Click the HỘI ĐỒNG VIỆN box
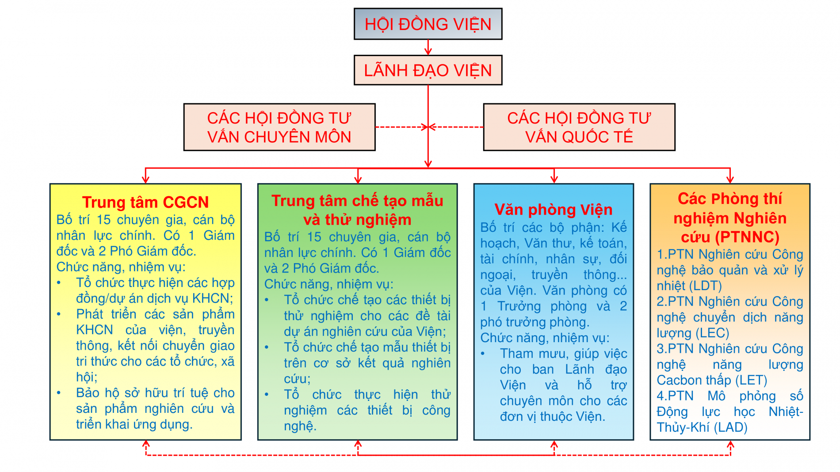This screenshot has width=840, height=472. [428, 24]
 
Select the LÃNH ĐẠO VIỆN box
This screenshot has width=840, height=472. [428, 70]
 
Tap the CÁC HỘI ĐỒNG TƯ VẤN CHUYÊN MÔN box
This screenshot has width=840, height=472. [279, 127]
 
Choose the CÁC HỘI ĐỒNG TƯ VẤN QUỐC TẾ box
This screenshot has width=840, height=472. [579, 127]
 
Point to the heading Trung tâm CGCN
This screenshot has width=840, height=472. [145, 202]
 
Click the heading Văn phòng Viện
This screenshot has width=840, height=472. [553, 209]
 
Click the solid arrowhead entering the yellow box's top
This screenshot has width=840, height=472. [145, 179]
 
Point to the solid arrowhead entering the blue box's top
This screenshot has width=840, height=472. [554, 179]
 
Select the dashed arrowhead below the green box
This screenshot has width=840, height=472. [358, 444]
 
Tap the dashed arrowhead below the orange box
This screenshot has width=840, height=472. [730, 444]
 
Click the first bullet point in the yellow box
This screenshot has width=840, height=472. [59, 283]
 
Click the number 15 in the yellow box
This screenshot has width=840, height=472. [103, 220]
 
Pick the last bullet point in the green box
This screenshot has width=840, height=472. [267, 395]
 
